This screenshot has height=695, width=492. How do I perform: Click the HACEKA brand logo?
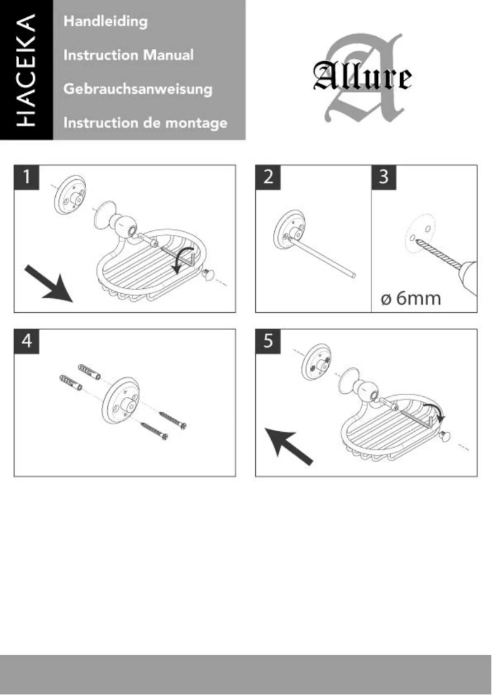[x=26, y=71]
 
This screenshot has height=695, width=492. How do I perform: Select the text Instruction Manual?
[x=129, y=55]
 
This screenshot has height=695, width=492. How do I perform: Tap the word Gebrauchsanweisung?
[x=138, y=89]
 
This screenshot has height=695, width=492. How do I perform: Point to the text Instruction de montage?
[x=145, y=123]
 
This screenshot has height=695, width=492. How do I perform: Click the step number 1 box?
[x=27, y=178]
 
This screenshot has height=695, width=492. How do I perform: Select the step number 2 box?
[x=268, y=178]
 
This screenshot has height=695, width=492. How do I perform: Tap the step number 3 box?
[x=385, y=178]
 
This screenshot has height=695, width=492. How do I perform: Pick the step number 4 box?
[x=27, y=342]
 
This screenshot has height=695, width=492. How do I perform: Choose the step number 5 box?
[x=268, y=342]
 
